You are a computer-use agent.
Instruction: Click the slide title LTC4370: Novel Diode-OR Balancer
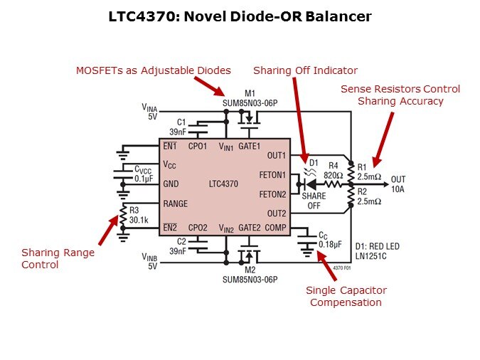(240, 16)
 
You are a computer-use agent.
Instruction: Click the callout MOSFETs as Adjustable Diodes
(154, 70)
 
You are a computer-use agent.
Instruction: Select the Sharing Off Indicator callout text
(305, 70)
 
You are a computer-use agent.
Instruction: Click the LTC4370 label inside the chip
(223, 184)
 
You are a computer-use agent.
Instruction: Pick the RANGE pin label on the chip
(175, 203)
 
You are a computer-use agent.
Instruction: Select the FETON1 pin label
(273, 174)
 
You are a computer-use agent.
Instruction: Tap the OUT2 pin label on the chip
(276, 213)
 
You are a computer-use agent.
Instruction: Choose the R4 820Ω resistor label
(334, 170)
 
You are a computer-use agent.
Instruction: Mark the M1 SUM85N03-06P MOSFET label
(248, 97)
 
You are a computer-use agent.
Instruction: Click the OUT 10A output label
(398, 184)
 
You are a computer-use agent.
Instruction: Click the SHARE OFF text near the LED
(314, 201)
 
